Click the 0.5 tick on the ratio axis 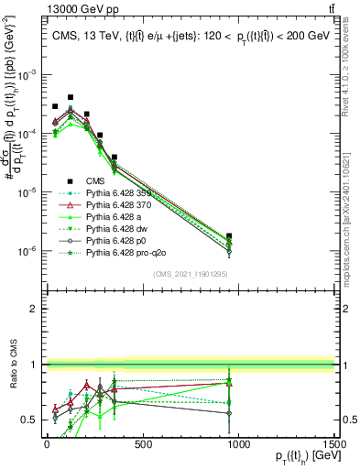(x=28, y=420)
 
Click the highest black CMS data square (x=71, y=97)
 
